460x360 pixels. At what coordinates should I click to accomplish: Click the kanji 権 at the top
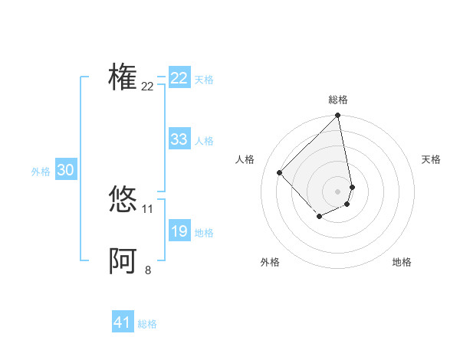click(x=123, y=77)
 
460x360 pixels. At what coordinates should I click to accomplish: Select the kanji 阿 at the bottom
click(x=123, y=261)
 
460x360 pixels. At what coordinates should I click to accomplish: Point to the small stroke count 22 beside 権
click(x=147, y=87)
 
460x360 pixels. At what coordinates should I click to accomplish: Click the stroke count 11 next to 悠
click(x=147, y=209)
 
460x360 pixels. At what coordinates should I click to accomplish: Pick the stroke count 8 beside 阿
click(x=147, y=270)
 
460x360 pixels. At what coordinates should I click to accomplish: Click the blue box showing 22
click(x=179, y=78)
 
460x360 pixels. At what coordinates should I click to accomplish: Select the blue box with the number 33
click(x=179, y=139)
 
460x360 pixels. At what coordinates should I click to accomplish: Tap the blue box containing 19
click(x=179, y=231)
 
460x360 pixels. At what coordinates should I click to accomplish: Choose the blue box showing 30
click(x=65, y=171)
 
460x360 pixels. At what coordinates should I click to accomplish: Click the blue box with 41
click(x=123, y=322)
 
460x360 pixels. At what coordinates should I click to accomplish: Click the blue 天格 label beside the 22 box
click(x=204, y=79)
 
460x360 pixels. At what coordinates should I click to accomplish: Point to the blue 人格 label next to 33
click(x=204, y=141)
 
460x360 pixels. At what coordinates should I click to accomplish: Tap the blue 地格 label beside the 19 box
click(x=204, y=233)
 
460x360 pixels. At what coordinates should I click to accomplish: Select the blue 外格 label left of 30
click(x=41, y=172)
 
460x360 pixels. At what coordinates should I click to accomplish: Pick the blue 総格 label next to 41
click(x=147, y=324)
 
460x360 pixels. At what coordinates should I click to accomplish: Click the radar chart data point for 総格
click(x=337, y=116)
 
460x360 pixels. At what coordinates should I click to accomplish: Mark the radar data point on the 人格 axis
click(x=280, y=173)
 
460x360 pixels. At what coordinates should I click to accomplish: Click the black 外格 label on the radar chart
click(x=269, y=262)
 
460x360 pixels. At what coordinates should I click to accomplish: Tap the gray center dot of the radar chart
click(x=337, y=191)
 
